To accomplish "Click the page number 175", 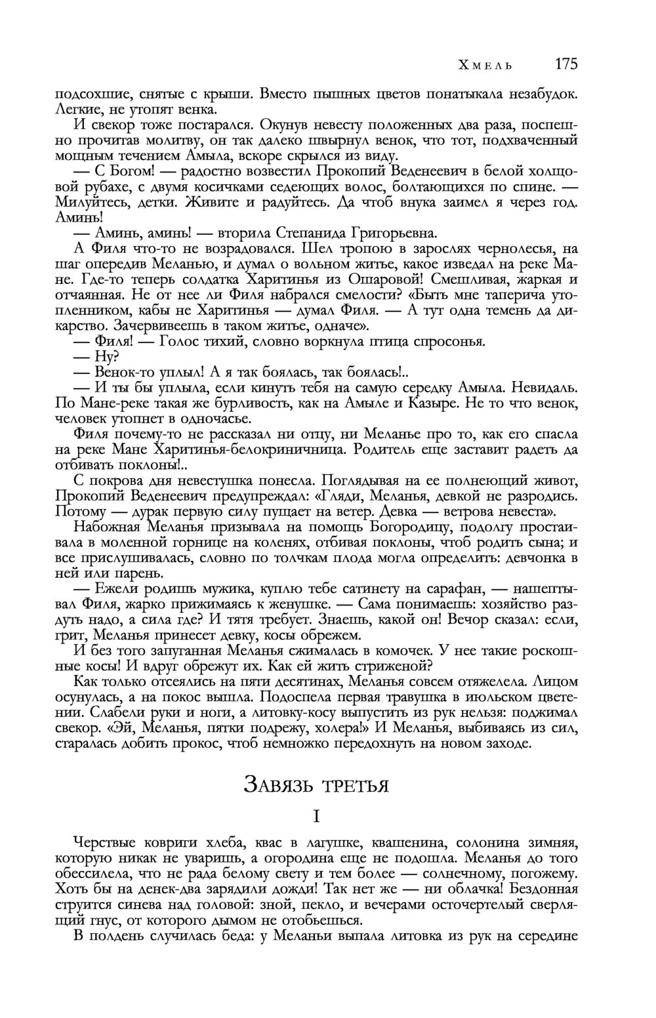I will (565, 64).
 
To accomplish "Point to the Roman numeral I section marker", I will (316, 817).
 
